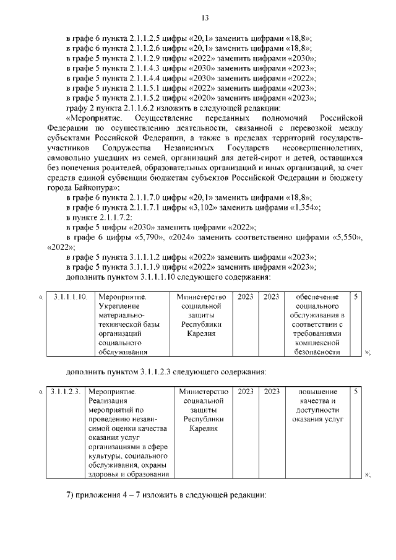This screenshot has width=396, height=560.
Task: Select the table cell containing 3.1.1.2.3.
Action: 66,392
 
